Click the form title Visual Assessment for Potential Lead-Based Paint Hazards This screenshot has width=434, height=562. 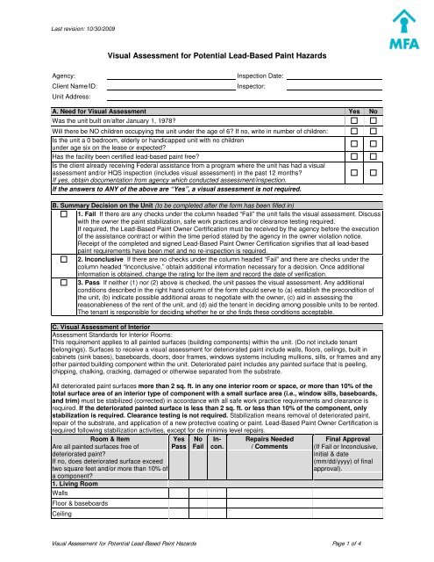(x=217, y=55)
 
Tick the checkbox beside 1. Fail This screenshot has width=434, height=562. (x=63, y=214)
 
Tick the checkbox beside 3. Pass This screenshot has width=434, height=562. (x=63, y=284)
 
